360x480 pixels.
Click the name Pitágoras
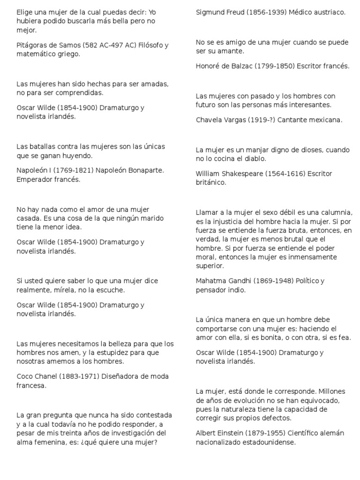[31, 45]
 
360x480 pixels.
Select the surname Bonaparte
[145, 170]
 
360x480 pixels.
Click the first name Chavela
[209, 120]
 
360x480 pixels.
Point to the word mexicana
[326, 120]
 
